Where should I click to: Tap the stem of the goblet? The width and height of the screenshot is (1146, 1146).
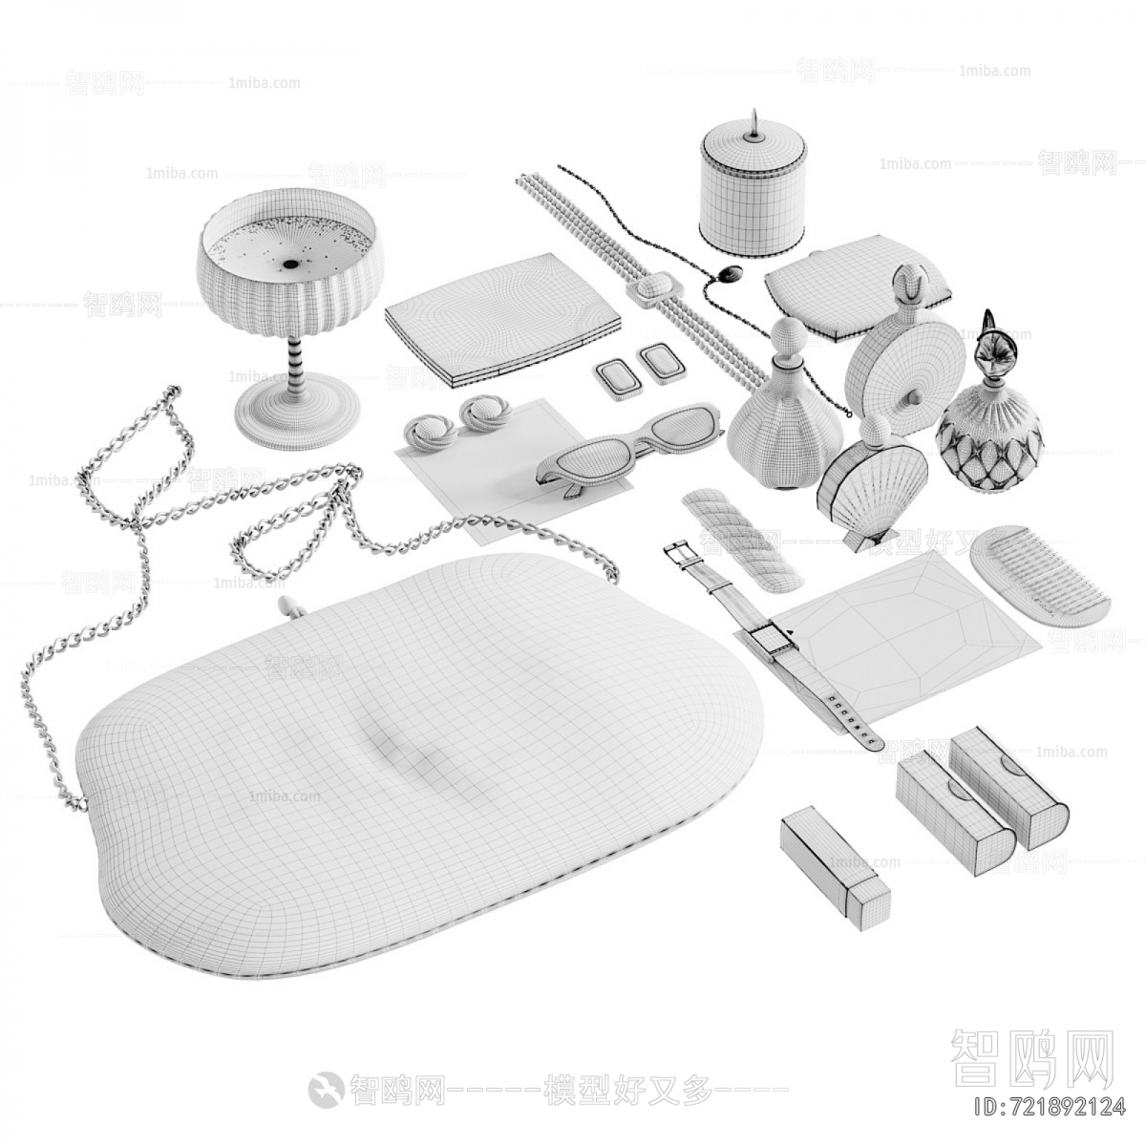coord(297,362)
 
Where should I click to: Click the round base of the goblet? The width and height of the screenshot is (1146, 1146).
coord(296,413)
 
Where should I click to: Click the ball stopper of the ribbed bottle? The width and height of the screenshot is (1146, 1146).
coord(789,337)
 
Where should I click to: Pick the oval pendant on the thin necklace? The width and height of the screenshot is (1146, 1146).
coord(730,275)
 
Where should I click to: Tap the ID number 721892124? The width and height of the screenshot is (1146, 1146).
coord(1046,1108)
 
